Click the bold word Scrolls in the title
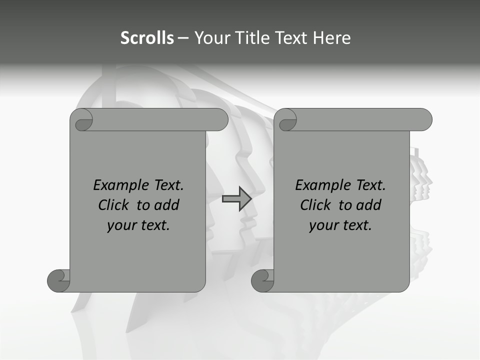(x=147, y=38)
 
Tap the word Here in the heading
(x=332, y=38)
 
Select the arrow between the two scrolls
(x=237, y=199)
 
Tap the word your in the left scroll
(x=121, y=225)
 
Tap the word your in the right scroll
(x=323, y=225)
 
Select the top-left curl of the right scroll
(x=286, y=120)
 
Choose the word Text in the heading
(x=291, y=38)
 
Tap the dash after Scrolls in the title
(x=182, y=38)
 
